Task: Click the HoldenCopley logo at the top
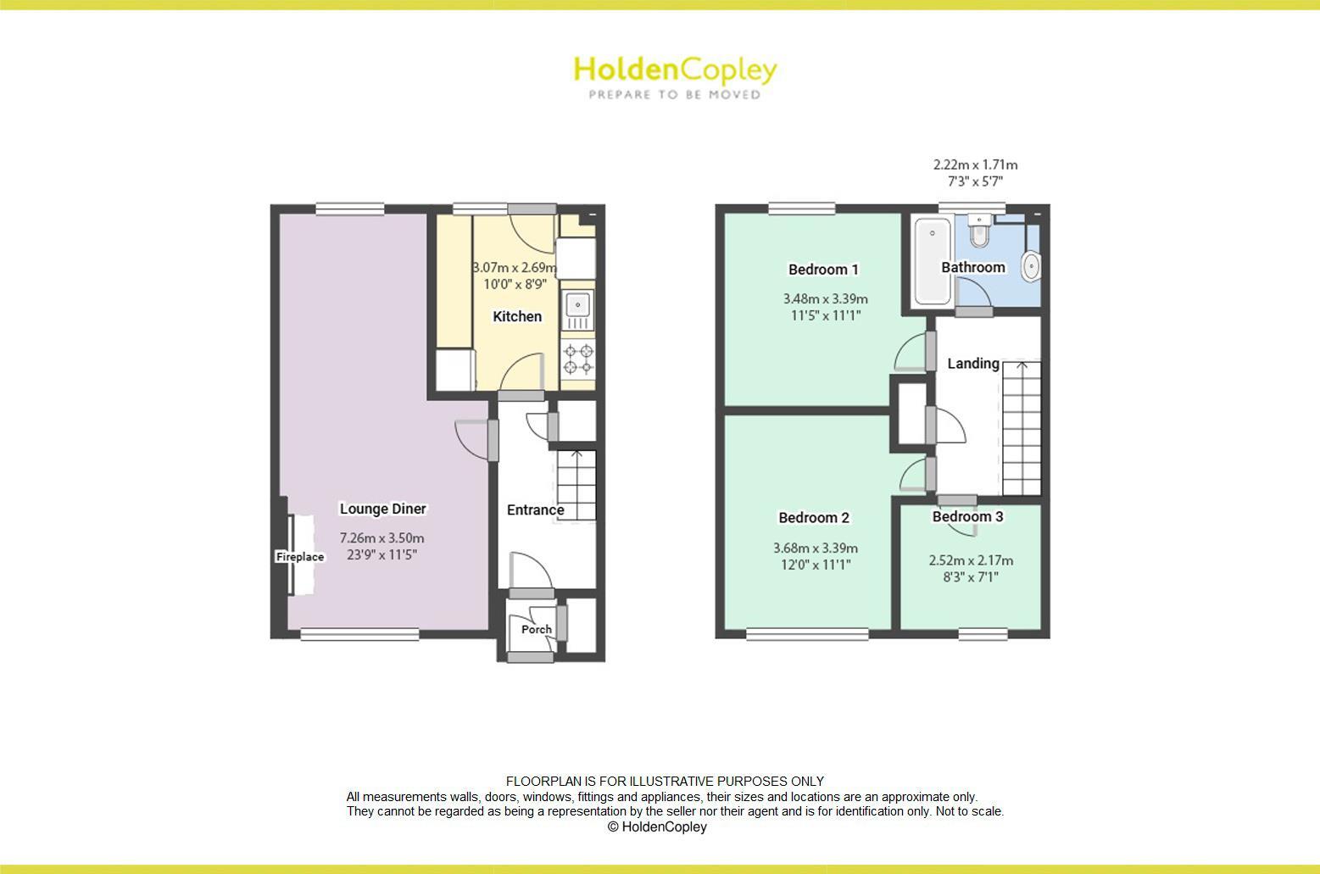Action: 675,70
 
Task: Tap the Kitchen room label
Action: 517,316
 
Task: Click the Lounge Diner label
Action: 383,509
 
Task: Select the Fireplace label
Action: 300,557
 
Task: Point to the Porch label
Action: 537,629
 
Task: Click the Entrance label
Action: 535,509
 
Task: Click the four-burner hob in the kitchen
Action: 578,358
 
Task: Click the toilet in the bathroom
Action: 979,231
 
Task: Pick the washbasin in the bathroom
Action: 1031,265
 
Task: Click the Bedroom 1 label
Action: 823,270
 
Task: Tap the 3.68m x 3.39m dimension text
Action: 816,548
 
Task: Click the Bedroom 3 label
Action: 967,516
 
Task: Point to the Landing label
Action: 972,363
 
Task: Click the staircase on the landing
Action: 1022,428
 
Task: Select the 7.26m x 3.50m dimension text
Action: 382,538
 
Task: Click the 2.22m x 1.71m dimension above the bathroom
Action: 975,164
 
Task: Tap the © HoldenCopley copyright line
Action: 657,827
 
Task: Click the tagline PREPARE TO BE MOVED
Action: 675,95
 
